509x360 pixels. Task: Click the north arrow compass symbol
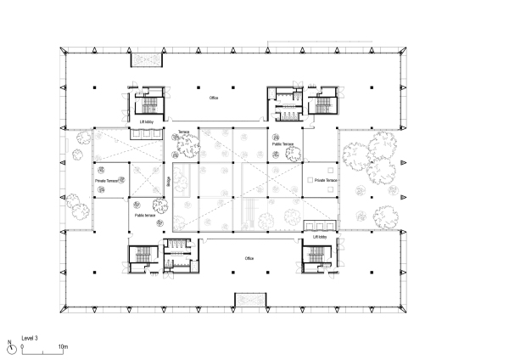pyautogui.click(x=10, y=346)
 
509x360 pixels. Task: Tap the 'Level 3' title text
pyautogui.click(x=30, y=338)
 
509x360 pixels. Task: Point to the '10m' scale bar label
pyautogui.click(x=64, y=347)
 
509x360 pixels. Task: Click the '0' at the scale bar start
pyautogui.click(x=21, y=347)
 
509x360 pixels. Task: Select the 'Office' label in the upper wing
pyautogui.click(x=215, y=98)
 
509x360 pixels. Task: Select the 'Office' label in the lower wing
pyautogui.click(x=249, y=258)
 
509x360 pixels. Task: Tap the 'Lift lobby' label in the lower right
pyautogui.click(x=320, y=238)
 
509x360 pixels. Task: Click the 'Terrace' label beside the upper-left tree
pyautogui.click(x=183, y=132)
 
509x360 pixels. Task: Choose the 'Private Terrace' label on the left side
pyautogui.click(x=105, y=181)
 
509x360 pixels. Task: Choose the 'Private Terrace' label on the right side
pyautogui.click(x=327, y=181)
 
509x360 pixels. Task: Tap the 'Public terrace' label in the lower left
pyautogui.click(x=145, y=216)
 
